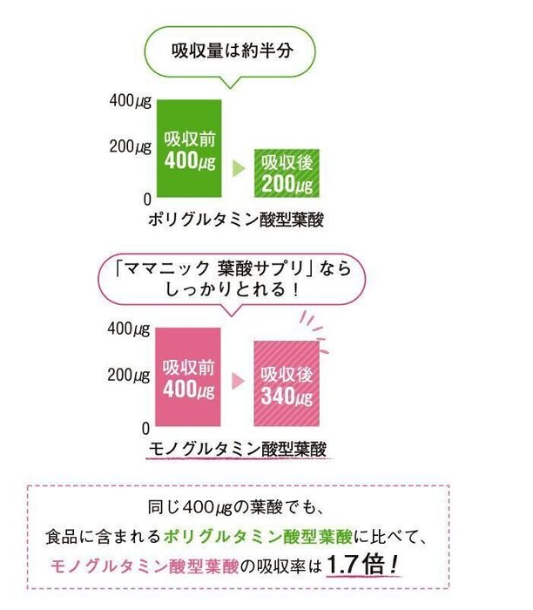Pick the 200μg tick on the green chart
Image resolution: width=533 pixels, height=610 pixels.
coord(130,146)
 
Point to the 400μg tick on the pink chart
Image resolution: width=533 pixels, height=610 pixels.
coord(130,330)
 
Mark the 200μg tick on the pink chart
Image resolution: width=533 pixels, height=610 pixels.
coord(130,376)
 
